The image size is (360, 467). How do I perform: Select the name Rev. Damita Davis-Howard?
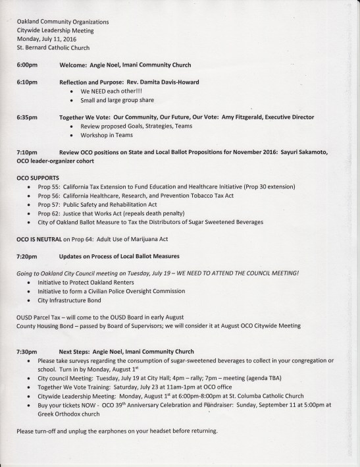157,82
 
